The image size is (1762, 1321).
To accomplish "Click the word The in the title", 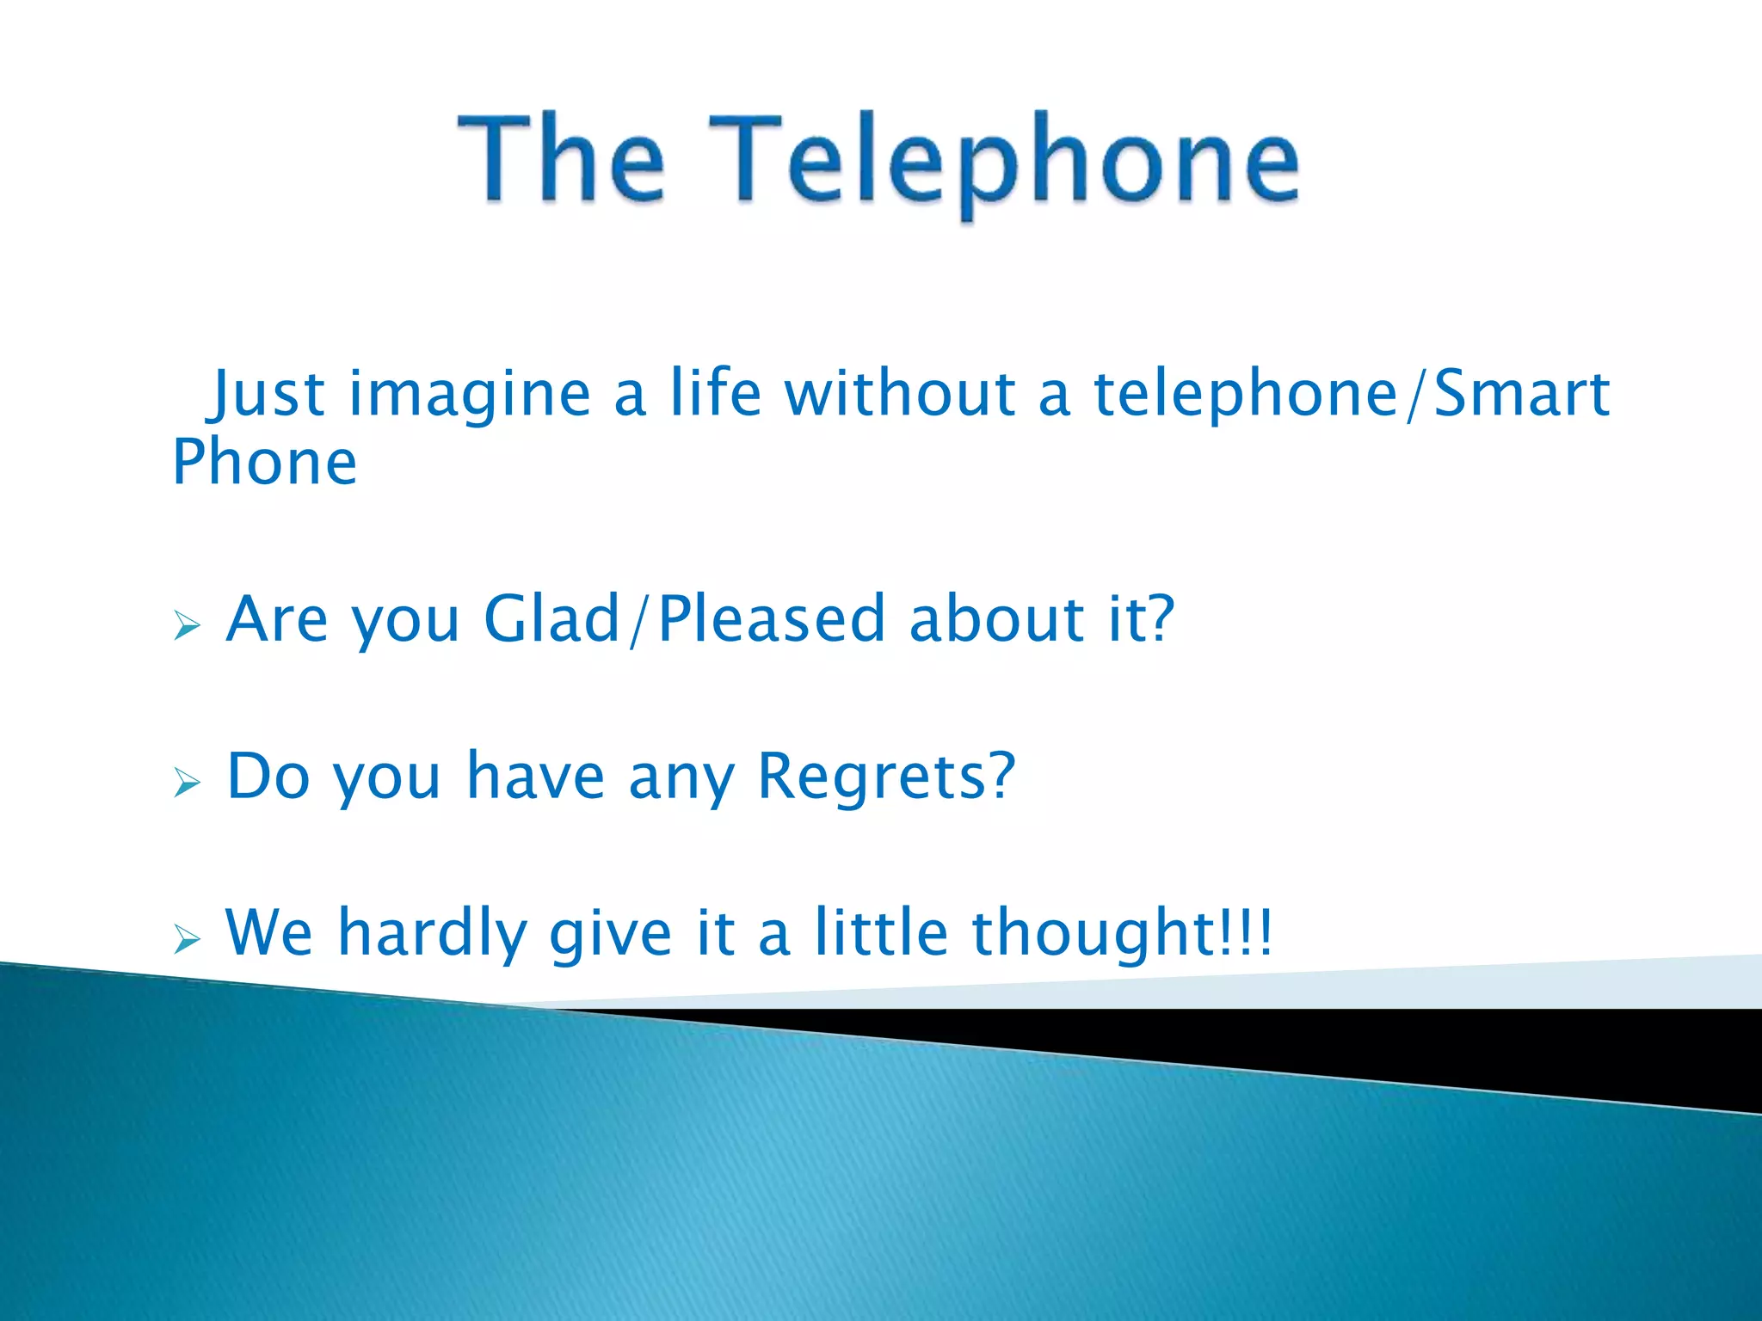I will pos(561,159).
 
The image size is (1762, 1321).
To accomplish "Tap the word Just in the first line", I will pos(268,395).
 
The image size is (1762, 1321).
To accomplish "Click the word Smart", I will pos(1521,393).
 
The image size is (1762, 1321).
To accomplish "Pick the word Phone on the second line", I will pos(264,463).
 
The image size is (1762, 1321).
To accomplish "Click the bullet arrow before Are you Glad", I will pos(187,625).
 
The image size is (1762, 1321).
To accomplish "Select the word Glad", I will pos(551,618).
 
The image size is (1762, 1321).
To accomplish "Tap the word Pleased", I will pos(772,618).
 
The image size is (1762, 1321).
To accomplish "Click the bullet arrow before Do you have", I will pos(187,783).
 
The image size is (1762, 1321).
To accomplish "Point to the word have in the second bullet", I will pos(535,776).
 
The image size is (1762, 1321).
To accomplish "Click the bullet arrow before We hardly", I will pos(187,939).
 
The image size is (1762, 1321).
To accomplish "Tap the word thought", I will pos(1093,934).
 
